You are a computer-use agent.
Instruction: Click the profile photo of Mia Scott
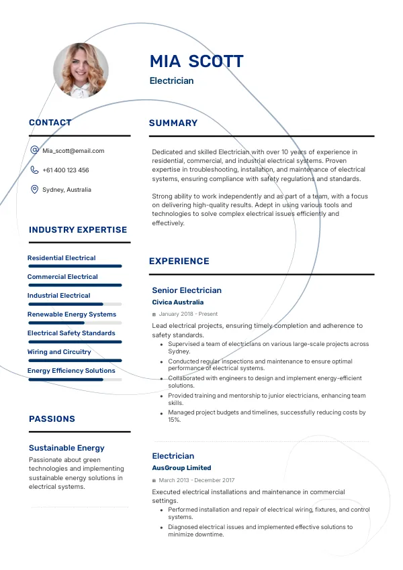[81, 70]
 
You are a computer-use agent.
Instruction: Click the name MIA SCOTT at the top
[196, 62]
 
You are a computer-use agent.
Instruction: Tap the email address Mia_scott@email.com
[73, 151]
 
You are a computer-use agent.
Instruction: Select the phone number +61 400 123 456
[65, 170]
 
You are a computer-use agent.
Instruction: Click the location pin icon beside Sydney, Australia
[34, 190]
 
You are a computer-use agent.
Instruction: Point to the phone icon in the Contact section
[34, 170]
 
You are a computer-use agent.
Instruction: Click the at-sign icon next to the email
[34, 151]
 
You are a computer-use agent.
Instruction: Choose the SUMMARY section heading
[173, 123]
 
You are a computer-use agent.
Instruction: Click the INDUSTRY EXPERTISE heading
[78, 230]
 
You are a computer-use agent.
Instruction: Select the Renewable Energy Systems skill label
[72, 315]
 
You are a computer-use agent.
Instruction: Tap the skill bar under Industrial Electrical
[75, 304]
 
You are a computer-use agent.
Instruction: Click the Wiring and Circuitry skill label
[59, 352]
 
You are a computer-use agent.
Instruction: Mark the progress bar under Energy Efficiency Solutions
[75, 380]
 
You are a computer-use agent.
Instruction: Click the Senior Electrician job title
[187, 290]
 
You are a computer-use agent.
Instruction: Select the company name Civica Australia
[178, 302]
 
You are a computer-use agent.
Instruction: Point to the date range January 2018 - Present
[188, 314]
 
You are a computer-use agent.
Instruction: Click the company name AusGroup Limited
[181, 468]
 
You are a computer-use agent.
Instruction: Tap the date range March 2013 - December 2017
[197, 480]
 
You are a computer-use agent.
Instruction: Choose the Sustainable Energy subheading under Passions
[66, 448]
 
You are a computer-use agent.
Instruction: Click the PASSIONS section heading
[52, 419]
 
